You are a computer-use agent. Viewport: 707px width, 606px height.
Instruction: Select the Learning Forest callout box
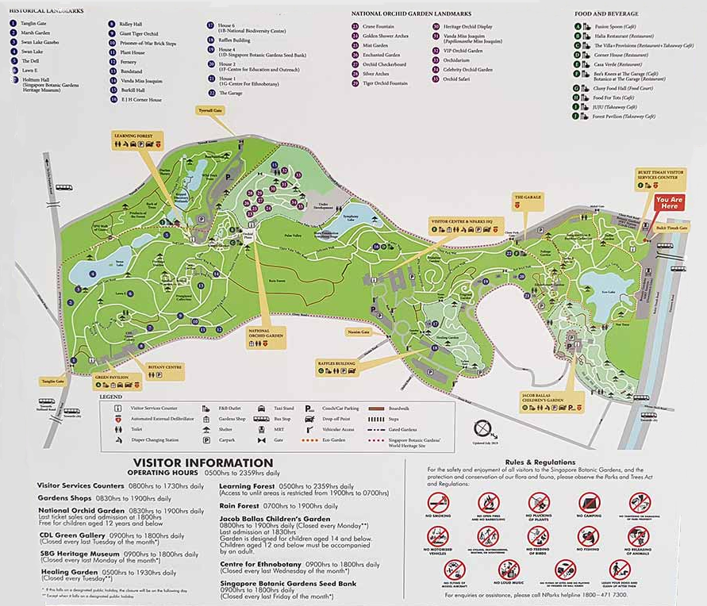click(x=136, y=140)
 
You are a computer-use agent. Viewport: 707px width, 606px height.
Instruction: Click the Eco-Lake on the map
click(x=609, y=290)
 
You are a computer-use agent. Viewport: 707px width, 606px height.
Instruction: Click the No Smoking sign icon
click(x=438, y=502)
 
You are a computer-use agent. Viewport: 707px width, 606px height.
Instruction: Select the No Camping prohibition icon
click(x=589, y=502)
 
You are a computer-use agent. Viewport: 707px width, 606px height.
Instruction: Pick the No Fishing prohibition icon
click(x=589, y=537)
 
